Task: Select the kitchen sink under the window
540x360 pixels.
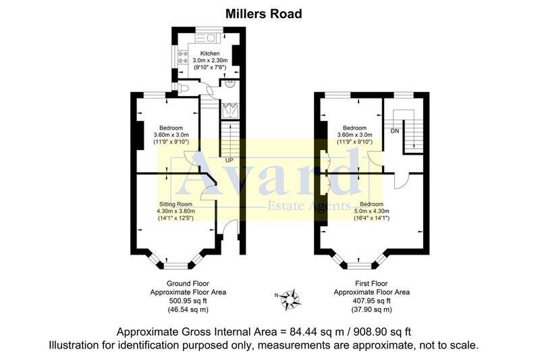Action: (x=209, y=36)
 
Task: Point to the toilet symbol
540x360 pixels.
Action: (x=186, y=88)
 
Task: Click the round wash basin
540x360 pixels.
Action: (x=230, y=85)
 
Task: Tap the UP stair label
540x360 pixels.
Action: (x=229, y=161)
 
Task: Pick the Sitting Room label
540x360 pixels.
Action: (x=175, y=204)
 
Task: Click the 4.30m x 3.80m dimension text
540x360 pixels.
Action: (x=175, y=211)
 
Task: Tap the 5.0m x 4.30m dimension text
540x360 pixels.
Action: (x=371, y=211)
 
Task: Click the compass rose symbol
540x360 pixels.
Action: (x=291, y=297)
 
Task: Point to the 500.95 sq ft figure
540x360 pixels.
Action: (x=188, y=301)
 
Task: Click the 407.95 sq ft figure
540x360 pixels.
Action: (x=371, y=301)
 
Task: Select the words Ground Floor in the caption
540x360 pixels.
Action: (x=188, y=283)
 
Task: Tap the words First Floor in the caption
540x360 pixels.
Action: (x=371, y=283)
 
